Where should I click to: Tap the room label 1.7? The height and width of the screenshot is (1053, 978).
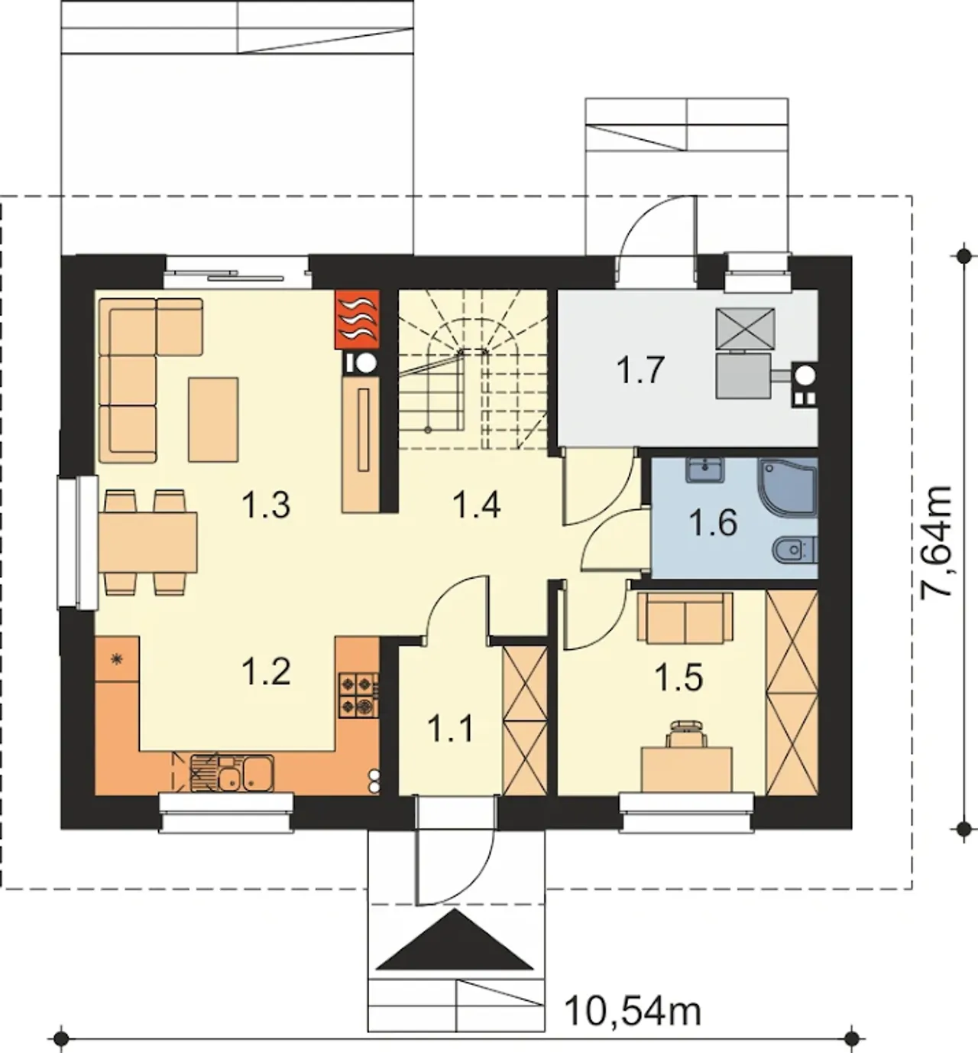pyautogui.click(x=640, y=371)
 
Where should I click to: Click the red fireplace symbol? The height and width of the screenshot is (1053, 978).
pyautogui.click(x=357, y=319)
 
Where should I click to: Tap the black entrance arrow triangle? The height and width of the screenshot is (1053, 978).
pyautogui.click(x=457, y=939)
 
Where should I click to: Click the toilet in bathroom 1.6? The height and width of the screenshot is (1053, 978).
pyautogui.click(x=795, y=550)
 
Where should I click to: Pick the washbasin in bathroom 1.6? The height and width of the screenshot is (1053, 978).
pyautogui.click(x=705, y=470)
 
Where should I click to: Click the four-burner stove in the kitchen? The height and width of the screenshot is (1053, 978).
pyautogui.click(x=358, y=695)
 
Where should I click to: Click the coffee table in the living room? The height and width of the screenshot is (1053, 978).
pyautogui.click(x=213, y=419)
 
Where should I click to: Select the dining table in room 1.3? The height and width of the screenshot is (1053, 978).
pyautogui.click(x=147, y=542)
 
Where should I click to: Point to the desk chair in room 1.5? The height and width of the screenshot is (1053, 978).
pyautogui.click(x=686, y=733)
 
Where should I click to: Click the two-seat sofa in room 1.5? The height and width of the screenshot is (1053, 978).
pyautogui.click(x=685, y=618)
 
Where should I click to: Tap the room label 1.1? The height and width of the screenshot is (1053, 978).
pyautogui.click(x=451, y=729)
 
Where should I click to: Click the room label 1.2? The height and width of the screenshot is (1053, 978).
pyautogui.click(x=266, y=670)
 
